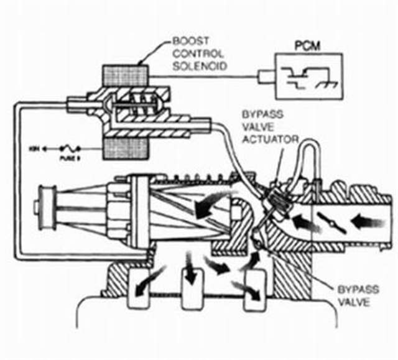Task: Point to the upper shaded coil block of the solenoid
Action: coord(127,74)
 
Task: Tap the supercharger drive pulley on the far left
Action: coord(47,205)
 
